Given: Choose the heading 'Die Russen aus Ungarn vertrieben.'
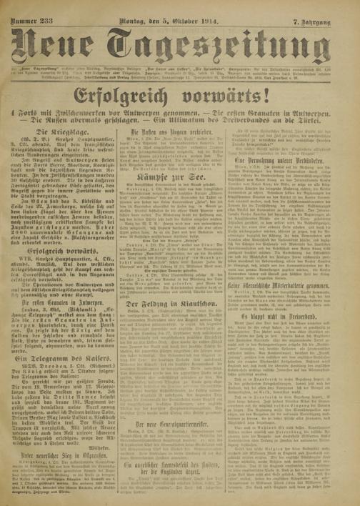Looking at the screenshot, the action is (180, 152).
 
